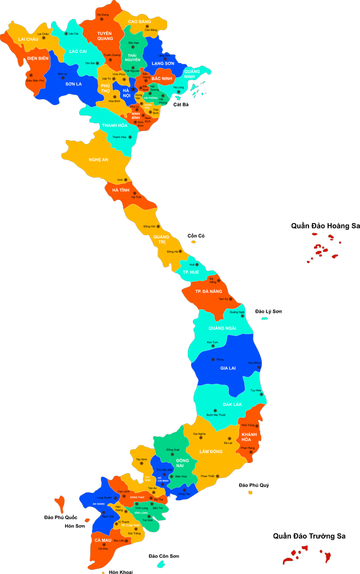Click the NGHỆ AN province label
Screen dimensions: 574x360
point(98,160)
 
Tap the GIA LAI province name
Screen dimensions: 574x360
point(228,368)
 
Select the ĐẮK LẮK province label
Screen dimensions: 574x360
point(232,404)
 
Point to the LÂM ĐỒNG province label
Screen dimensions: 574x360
point(211,451)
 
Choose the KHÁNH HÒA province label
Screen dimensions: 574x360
point(249,437)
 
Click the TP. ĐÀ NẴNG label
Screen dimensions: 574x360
point(209,291)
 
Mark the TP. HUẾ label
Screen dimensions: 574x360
point(191,272)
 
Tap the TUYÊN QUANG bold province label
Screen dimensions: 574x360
point(105,36)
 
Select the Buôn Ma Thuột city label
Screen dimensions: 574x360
point(215,415)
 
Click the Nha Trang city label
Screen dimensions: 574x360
point(248,425)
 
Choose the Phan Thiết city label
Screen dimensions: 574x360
point(207,476)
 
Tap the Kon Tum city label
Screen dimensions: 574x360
point(212,342)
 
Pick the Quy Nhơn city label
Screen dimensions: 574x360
point(254,363)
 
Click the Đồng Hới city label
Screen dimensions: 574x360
point(149,226)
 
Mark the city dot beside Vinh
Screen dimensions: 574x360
point(127,180)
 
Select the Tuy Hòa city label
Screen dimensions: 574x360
point(256,390)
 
